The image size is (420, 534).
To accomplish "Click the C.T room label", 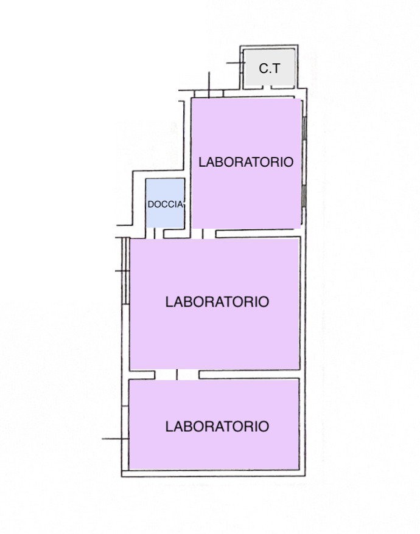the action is point(269,69).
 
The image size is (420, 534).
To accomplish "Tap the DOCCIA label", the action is point(166,204).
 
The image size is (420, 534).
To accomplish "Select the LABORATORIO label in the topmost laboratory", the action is point(246,162).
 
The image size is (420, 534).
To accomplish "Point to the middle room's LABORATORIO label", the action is point(217,302).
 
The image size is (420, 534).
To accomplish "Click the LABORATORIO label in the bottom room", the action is point(217,426).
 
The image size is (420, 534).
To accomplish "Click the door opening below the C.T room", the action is point(267,88).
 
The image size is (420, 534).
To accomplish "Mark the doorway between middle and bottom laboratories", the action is point(177,375).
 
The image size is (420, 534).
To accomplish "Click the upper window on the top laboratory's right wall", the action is point(304,128).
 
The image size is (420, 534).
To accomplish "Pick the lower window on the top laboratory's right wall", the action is point(303,196).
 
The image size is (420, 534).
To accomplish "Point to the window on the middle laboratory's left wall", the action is point(126,271).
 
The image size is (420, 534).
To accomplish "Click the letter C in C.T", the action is point(263,69).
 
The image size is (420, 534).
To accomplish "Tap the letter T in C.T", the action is point(276,69).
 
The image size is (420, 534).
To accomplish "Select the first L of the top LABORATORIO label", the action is point(202,162).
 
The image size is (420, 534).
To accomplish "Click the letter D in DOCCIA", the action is point(151,204).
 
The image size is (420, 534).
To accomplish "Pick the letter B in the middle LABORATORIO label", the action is point(187,302).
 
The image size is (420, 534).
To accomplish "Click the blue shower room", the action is point(166,203).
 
